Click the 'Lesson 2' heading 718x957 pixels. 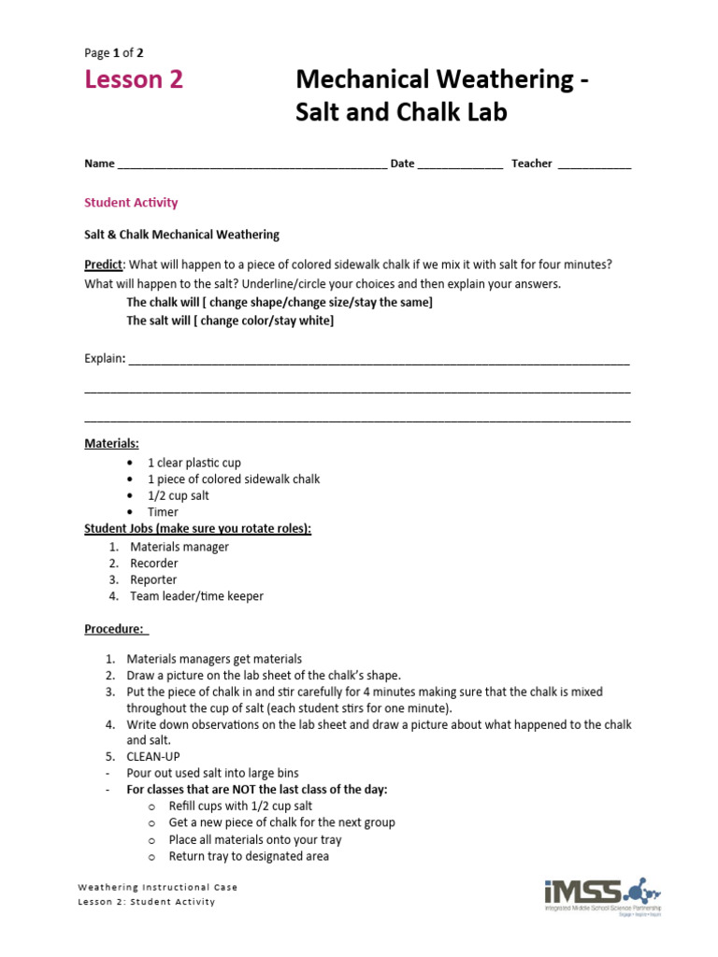tap(134, 80)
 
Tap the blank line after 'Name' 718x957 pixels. tap(252, 164)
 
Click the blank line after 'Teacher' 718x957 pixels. tap(595, 164)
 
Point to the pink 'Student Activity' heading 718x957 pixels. tap(131, 203)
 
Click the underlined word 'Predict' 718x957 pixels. tap(103, 264)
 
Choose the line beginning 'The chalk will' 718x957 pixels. tap(280, 303)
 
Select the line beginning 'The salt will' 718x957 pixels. tap(230, 321)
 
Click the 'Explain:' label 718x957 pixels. tap(105, 359)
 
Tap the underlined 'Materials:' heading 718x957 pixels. tap(111, 443)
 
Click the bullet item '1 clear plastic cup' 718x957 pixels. tap(194, 463)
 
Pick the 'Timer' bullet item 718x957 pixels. tap(163, 512)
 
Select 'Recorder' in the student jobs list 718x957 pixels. tap(154, 564)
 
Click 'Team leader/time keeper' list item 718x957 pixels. tap(196, 596)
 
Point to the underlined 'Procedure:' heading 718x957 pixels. tap(115, 629)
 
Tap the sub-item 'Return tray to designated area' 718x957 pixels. tap(249, 856)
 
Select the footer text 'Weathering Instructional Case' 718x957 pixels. tap(157, 887)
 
